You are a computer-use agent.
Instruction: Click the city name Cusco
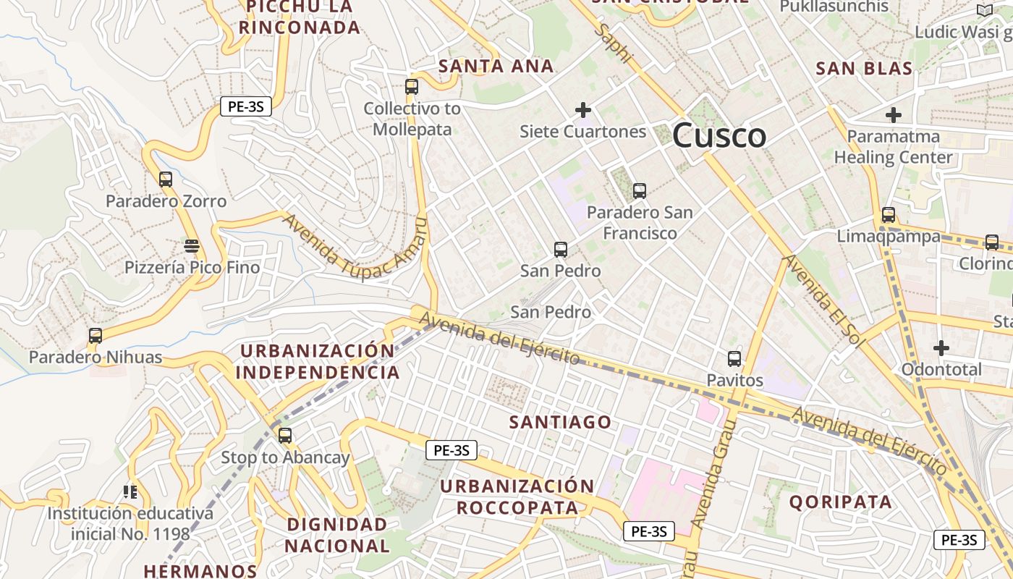pyautogui.click(x=719, y=135)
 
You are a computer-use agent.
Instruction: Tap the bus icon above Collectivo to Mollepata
pyautogui.click(x=412, y=87)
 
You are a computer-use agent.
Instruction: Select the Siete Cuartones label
pyautogui.click(x=582, y=132)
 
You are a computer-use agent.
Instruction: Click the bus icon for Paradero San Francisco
pyautogui.click(x=639, y=191)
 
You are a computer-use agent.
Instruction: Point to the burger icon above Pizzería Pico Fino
pyautogui.click(x=192, y=246)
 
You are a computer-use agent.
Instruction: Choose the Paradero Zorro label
pyautogui.click(x=166, y=201)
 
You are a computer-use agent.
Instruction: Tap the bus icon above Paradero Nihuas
pyautogui.click(x=96, y=336)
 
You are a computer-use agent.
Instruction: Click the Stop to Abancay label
pyautogui.click(x=285, y=457)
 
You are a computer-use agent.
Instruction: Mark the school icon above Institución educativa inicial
pyautogui.click(x=130, y=492)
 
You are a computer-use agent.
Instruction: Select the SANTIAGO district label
pyautogui.click(x=560, y=422)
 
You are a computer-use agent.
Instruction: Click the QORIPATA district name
pyautogui.click(x=841, y=502)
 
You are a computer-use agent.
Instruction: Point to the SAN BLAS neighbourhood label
pyautogui.click(x=864, y=69)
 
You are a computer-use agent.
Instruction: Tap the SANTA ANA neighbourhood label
pyautogui.click(x=496, y=67)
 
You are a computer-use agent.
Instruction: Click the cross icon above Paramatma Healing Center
pyautogui.click(x=894, y=115)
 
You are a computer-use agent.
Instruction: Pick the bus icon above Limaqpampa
pyautogui.click(x=888, y=215)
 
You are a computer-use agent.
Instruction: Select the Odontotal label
pyautogui.click(x=941, y=370)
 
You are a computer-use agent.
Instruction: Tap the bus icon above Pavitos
pyautogui.click(x=734, y=359)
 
